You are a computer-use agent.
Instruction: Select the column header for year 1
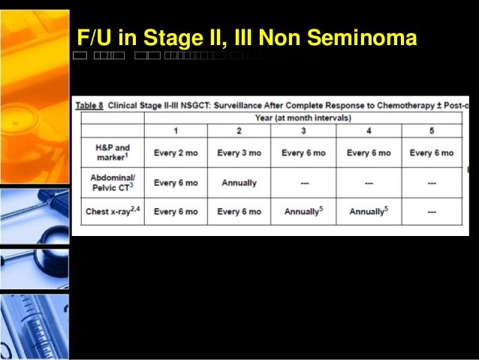click(x=175, y=131)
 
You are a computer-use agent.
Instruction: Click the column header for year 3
click(x=303, y=131)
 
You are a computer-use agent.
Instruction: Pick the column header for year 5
click(x=432, y=131)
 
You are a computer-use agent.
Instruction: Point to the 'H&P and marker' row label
click(x=113, y=153)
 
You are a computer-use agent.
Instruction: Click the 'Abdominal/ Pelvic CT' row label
click(x=113, y=183)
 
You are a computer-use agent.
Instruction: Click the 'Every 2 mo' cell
click(x=175, y=153)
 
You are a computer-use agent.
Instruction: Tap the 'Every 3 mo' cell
click(x=239, y=153)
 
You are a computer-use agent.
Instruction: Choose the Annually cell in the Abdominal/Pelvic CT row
click(x=239, y=183)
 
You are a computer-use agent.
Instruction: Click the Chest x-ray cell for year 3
click(x=303, y=211)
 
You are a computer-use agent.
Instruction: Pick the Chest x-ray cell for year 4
click(x=368, y=211)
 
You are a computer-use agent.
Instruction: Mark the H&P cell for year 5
click(x=432, y=153)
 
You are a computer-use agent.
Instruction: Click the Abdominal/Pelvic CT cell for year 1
click(x=175, y=183)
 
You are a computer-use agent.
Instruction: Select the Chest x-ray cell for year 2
click(x=239, y=211)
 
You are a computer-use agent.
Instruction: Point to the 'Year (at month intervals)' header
click(x=303, y=118)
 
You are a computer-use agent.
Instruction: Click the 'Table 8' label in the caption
click(x=89, y=105)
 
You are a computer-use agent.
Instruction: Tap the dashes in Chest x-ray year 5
click(x=432, y=211)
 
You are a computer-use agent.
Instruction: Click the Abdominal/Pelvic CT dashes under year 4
click(x=368, y=183)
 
